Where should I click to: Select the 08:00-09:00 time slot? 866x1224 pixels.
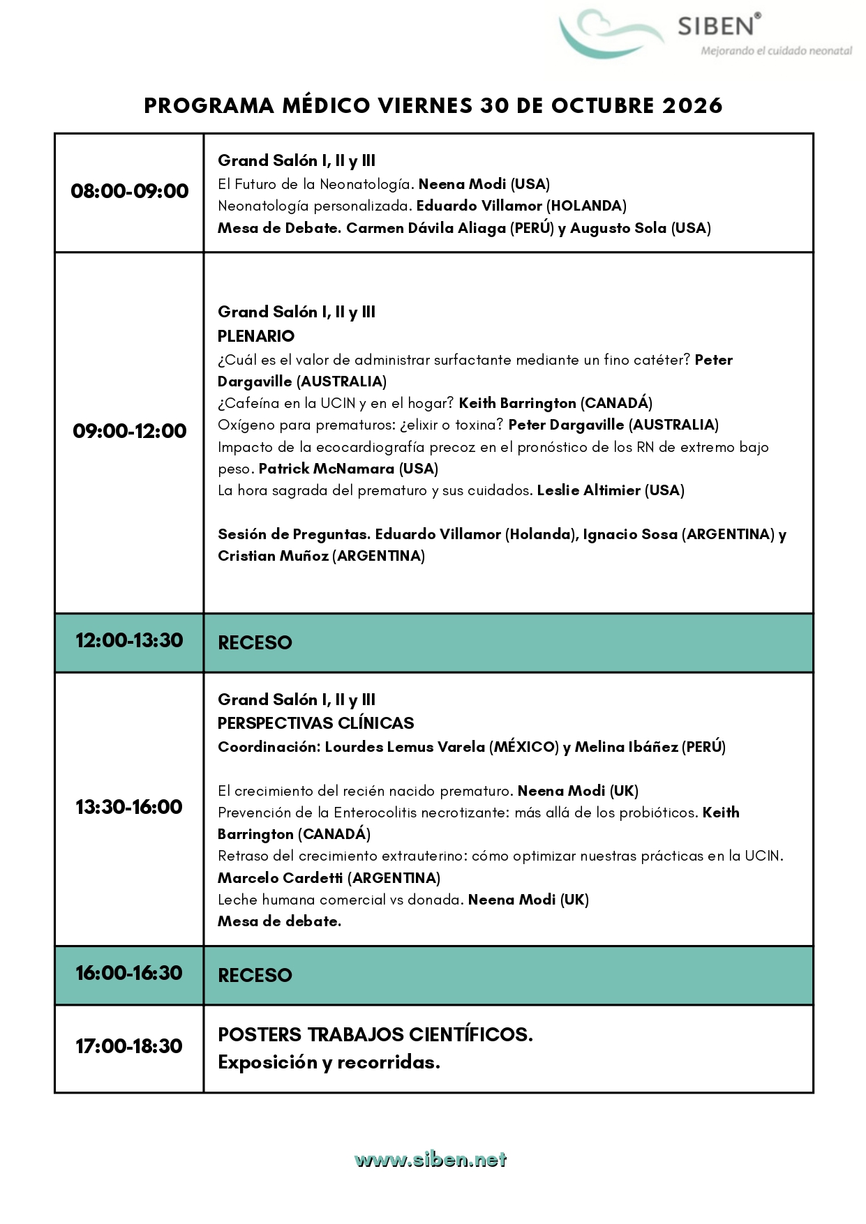coord(130,191)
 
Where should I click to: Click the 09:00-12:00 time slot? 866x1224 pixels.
coord(130,431)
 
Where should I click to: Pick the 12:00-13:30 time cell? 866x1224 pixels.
coord(130,640)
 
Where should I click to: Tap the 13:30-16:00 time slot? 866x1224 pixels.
coord(129,807)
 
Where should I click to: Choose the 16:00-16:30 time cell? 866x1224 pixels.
coord(129,973)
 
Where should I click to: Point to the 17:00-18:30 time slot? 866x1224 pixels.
coord(129,1046)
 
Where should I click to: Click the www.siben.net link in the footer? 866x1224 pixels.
coord(431,1160)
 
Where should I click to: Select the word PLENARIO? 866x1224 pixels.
coord(256,336)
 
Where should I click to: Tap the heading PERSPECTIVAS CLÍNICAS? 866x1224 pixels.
coord(315,723)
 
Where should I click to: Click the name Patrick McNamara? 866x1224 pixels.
coord(326,469)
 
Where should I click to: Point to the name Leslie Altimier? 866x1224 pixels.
coord(588,490)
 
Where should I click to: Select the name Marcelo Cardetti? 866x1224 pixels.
coord(281,878)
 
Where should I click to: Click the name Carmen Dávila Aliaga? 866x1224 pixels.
coord(426,228)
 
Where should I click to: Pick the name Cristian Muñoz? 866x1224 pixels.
coord(273,556)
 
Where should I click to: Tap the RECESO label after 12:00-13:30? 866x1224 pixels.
coord(255,642)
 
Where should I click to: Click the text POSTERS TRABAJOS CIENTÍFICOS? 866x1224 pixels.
coord(375,1034)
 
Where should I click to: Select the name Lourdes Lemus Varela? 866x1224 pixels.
coord(405,747)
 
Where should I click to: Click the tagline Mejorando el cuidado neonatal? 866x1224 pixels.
coord(776,51)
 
